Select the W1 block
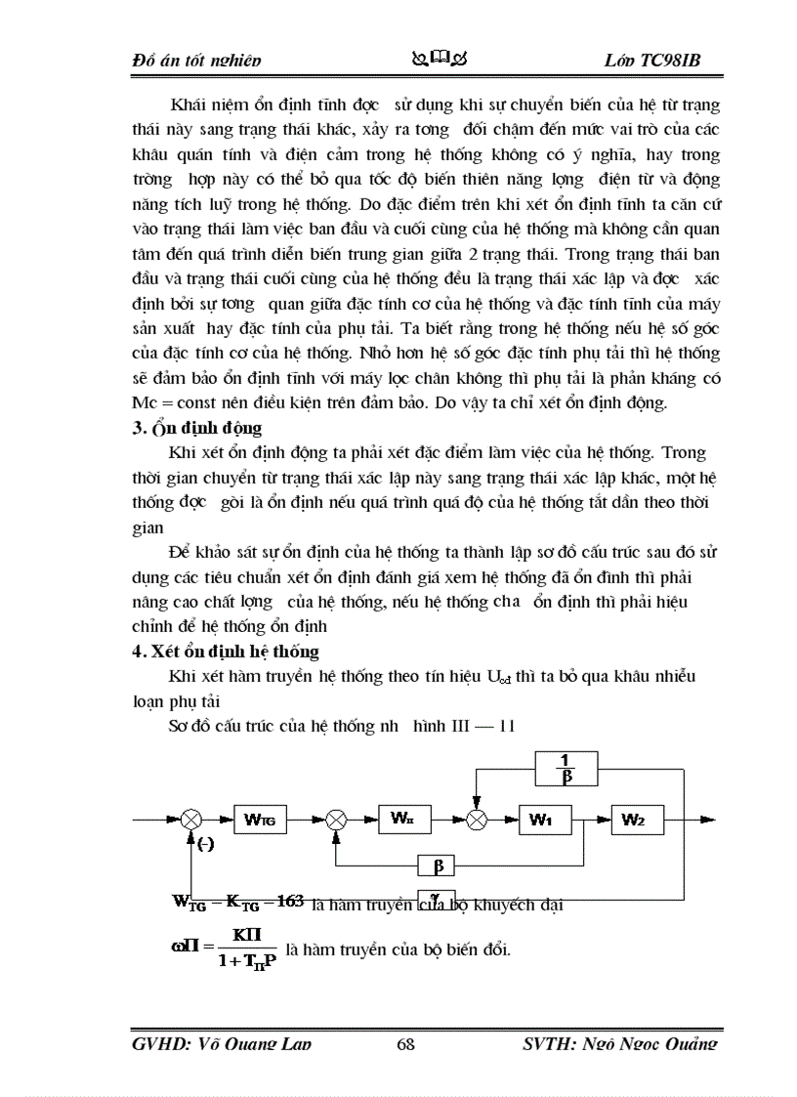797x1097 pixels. point(541,821)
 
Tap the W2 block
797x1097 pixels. point(633,821)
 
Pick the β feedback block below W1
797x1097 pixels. point(437,865)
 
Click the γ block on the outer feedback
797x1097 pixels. point(436,896)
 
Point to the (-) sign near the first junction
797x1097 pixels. point(206,845)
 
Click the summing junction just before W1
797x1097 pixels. point(477,821)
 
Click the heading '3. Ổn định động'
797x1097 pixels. point(196,428)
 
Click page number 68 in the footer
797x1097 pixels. point(406,1044)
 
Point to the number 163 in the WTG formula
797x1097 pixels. point(290,901)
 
